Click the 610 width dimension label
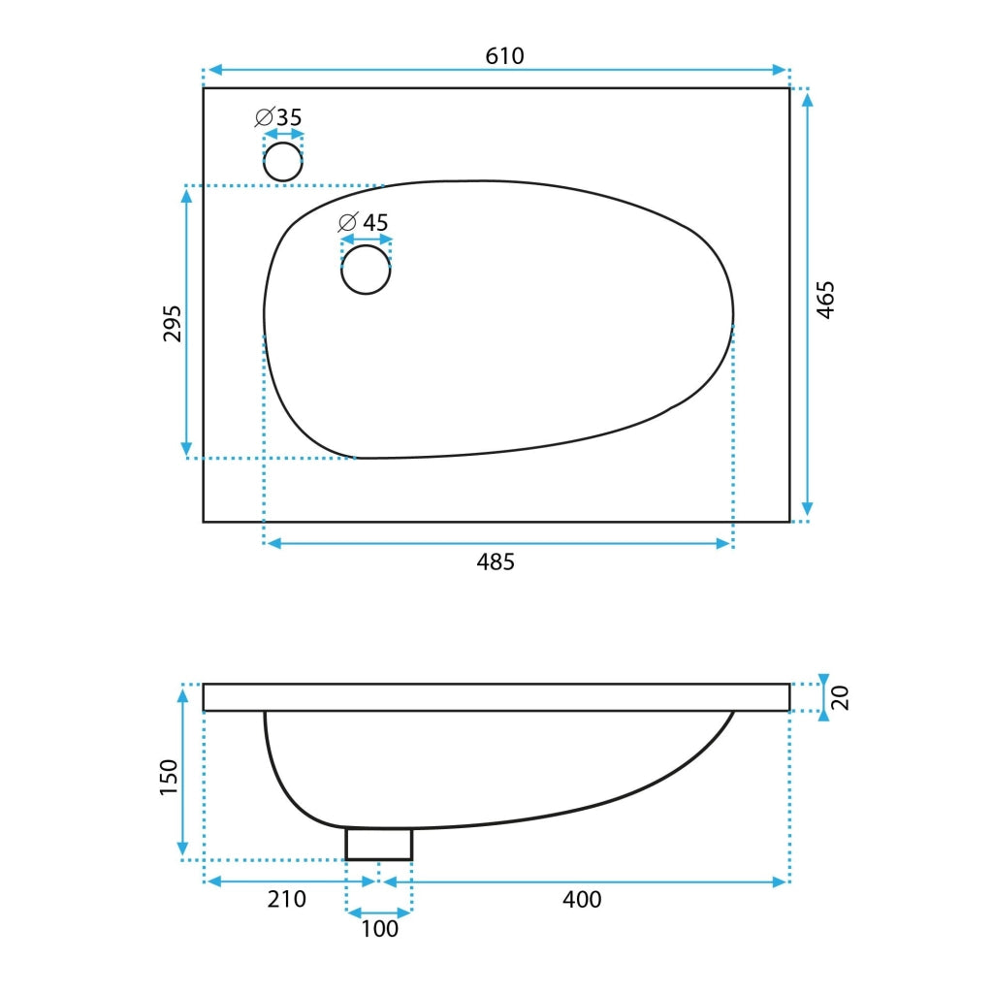tap(504, 56)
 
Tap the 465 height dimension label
tap(825, 301)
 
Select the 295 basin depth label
tap(173, 324)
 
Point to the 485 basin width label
tap(496, 561)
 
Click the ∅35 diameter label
tap(278, 117)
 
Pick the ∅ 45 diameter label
tap(364, 222)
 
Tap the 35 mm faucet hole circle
tap(283, 162)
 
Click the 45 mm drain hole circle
tap(366, 270)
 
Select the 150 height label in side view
tap(169, 777)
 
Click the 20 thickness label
tap(840, 698)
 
